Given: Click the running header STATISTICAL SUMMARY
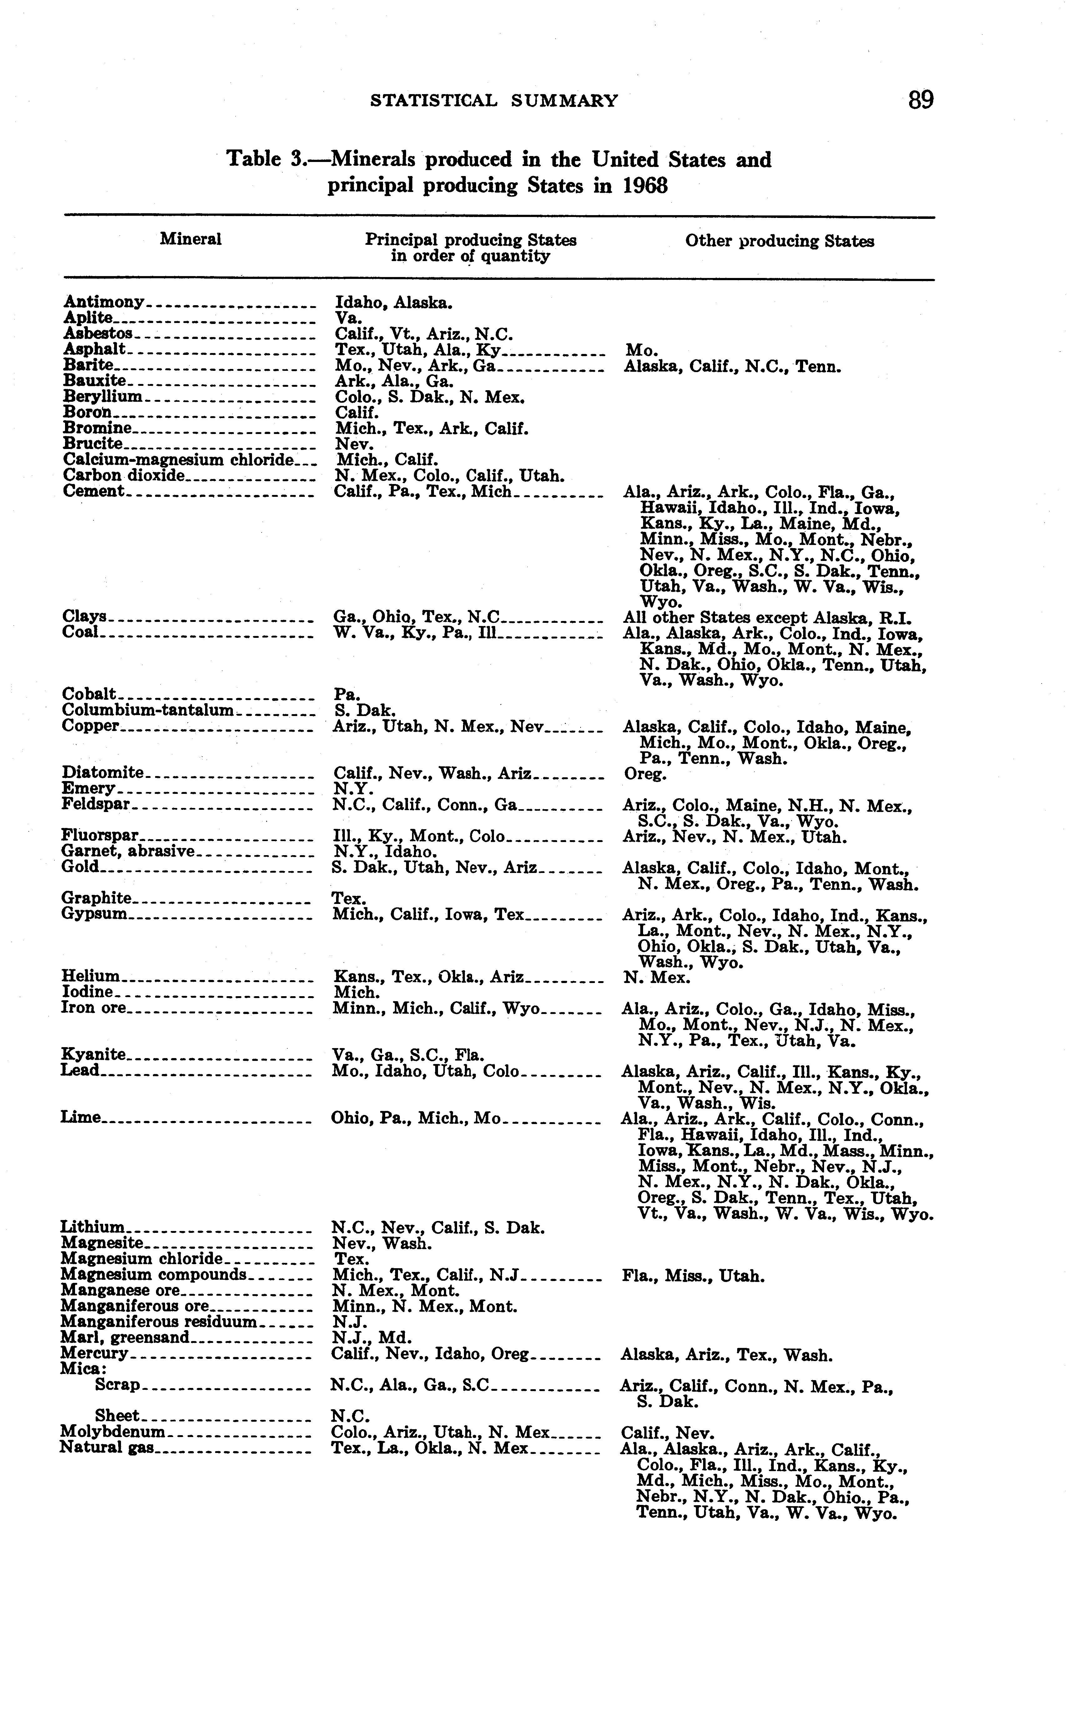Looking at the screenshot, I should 494,101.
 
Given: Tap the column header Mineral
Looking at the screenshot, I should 190,239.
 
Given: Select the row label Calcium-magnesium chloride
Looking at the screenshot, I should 178,460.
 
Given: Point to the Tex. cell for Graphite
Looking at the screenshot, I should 349,899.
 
